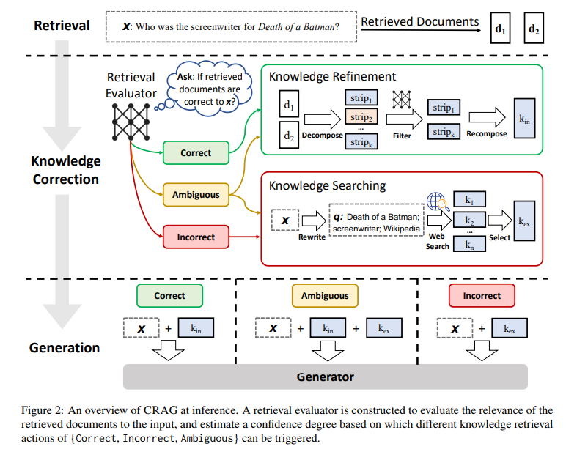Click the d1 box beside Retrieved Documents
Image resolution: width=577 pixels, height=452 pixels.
coord(500,30)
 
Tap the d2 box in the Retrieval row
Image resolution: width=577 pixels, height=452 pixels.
coord(534,30)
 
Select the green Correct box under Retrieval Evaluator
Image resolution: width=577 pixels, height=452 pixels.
coord(196,153)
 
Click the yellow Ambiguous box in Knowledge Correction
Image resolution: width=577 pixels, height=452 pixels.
coord(196,195)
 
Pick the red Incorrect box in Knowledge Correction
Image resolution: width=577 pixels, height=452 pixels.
coord(196,237)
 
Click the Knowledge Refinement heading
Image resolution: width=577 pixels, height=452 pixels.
coord(333,76)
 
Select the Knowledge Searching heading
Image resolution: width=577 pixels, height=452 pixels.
coord(327,186)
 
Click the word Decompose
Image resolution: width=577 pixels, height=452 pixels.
coord(322,136)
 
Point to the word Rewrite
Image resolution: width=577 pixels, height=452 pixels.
coord(312,237)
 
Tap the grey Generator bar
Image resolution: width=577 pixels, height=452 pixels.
coord(325,377)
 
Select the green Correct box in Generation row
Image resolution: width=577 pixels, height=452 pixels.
coord(169,296)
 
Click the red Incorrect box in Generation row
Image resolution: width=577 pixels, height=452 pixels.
coord(482,296)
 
